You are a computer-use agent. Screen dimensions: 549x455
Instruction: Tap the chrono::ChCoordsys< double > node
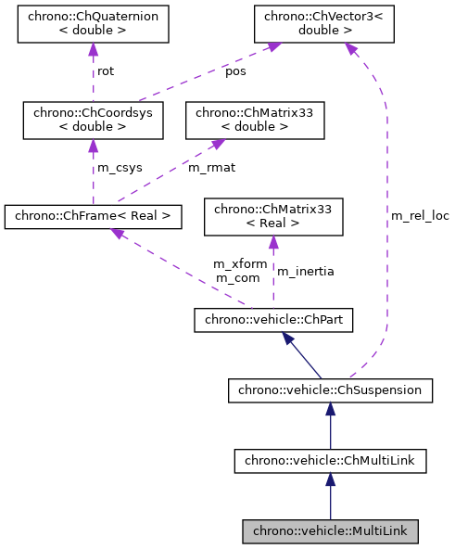point(93,120)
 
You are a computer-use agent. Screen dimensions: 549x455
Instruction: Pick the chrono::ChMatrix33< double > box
point(255,120)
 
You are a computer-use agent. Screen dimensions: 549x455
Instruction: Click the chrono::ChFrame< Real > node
point(93,217)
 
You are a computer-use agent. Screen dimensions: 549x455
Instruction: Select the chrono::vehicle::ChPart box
point(272,321)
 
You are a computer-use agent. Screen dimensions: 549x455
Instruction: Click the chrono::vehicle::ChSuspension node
point(330,390)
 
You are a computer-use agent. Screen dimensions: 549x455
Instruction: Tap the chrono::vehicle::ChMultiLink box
point(330,460)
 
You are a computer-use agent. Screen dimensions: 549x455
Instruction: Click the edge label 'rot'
point(106,71)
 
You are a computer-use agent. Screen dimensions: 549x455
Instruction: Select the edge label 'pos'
point(235,71)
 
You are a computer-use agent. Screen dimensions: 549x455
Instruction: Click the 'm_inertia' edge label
point(306,271)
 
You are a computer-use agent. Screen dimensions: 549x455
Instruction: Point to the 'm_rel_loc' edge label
point(420,216)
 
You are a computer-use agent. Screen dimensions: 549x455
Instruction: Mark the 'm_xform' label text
point(240,264)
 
